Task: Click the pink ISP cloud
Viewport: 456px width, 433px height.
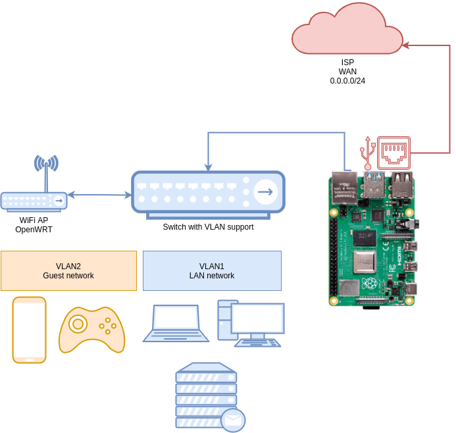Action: [x=347, y=30]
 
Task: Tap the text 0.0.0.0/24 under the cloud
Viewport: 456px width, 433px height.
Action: [x=347, y=81]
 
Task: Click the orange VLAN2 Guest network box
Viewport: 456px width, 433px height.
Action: [x=68, y=270]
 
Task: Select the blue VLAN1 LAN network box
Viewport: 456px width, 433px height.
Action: [x=212, y=270]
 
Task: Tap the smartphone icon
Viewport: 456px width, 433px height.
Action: [x=30, y=330]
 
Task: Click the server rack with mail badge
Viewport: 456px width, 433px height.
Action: [x=206, y=395]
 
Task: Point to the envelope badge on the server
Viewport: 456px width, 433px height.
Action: [x=233, y=419]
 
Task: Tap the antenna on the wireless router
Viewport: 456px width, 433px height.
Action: [x=46, y=168]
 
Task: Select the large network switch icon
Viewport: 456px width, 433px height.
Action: [x=208, y=191]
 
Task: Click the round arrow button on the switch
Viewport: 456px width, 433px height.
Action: [x=266, y=191]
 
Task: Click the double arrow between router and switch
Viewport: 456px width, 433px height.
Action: [x=99, y=195]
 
